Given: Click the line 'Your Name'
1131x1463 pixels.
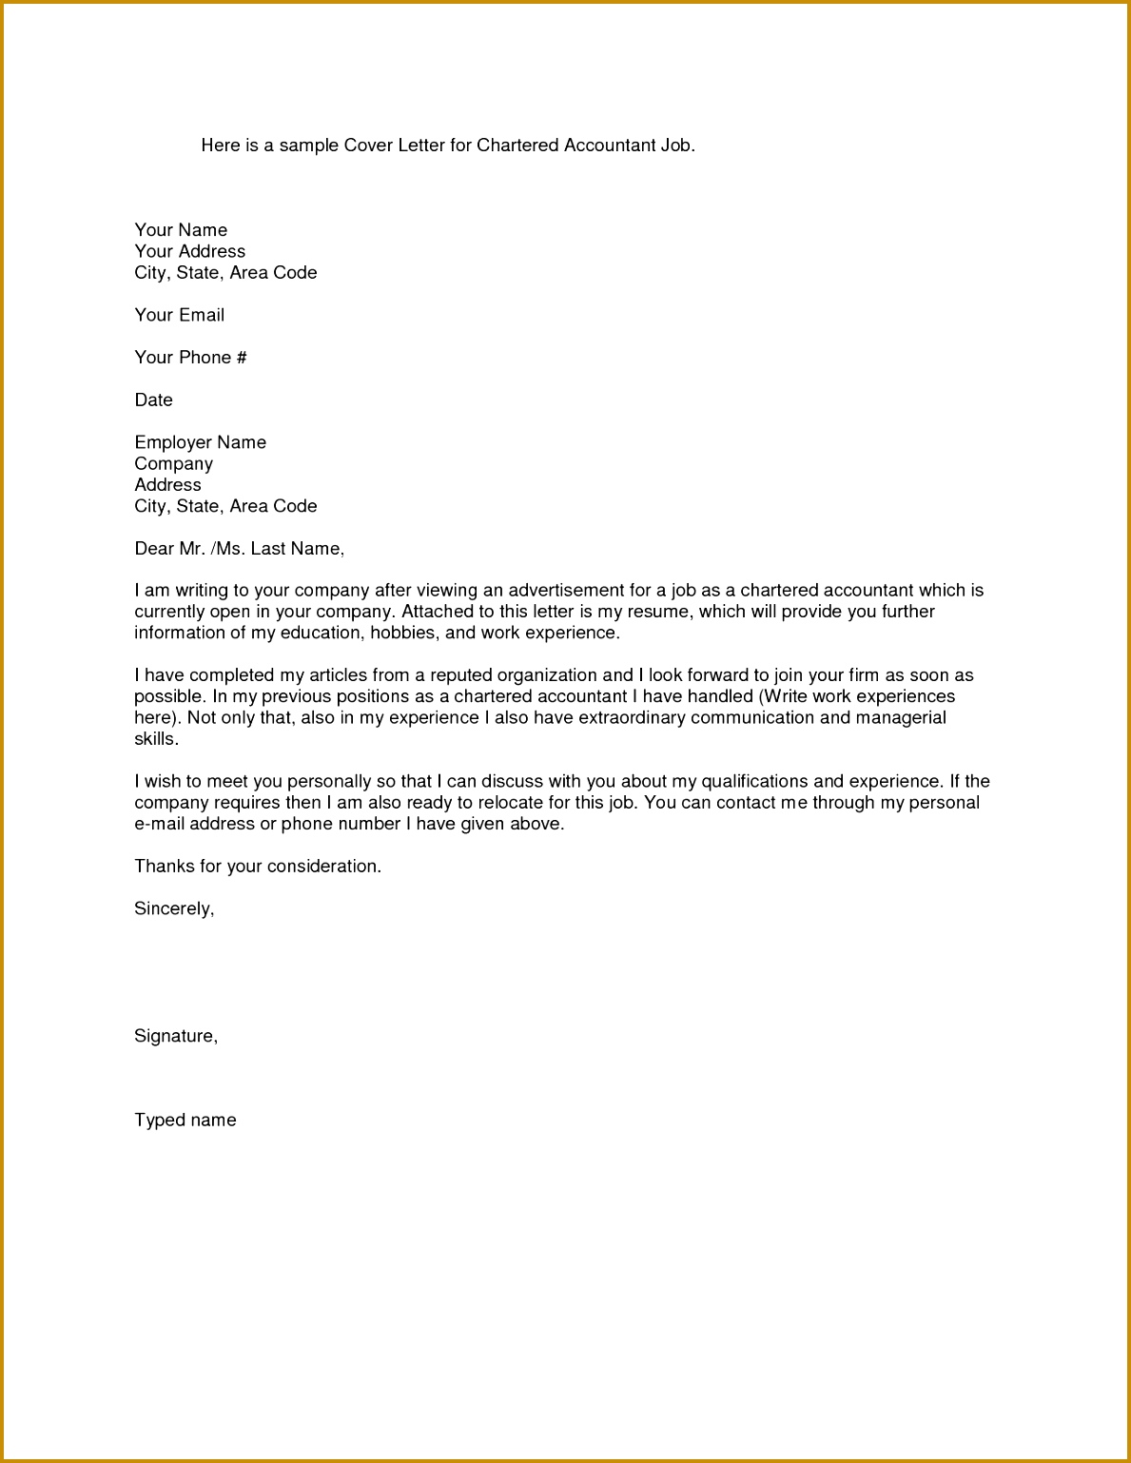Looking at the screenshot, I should (181, 230).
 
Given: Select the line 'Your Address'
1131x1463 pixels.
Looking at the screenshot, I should (189, 251).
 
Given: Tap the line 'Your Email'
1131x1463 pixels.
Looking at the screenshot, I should (179, 315).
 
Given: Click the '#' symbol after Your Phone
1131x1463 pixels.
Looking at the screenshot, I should (242, 358).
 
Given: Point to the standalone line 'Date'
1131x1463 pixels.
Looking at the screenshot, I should (153, 400).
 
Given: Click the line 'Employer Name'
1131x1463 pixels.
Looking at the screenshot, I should (200, 442).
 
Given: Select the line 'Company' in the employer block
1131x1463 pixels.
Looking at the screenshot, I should (173, 464).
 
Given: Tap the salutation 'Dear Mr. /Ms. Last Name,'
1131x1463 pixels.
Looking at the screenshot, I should (239, 549).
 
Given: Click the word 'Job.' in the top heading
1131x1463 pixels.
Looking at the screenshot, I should (677, 146).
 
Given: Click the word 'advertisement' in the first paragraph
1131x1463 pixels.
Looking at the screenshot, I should (565, 591).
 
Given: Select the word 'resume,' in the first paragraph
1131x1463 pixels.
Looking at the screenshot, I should (646, 612).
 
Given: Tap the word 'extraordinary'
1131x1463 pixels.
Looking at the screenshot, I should (632, 717).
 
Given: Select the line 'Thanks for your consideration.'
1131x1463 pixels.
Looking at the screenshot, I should (258, 867).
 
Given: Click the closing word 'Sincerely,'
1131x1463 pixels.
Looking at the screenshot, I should (174, 909).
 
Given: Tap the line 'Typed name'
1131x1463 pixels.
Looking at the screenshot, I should (185, 1121).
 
